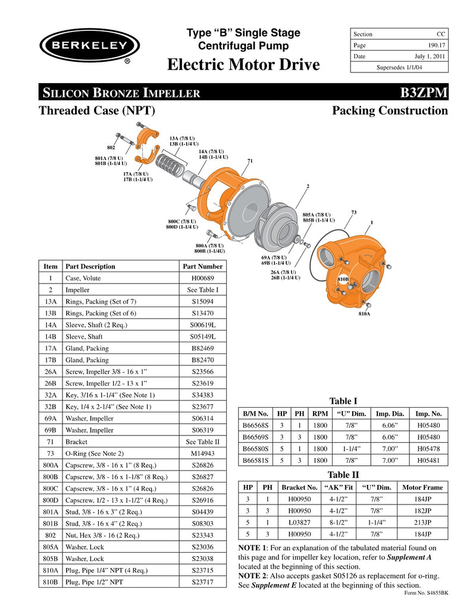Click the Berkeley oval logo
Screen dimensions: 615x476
coord(89,45)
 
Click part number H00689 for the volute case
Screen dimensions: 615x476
coord(202,278)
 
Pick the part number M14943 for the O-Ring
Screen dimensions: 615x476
coord(202,453)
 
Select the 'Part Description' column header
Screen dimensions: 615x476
coord(90,266)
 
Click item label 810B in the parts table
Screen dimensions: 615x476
coord(51,582)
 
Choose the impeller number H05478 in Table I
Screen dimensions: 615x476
coord(428,449)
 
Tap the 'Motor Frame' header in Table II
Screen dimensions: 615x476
coord(422,487)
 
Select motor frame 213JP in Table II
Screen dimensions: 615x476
coord(422,522)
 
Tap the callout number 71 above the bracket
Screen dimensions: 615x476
coord(250,161)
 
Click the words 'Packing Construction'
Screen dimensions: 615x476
coord(390,111)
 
